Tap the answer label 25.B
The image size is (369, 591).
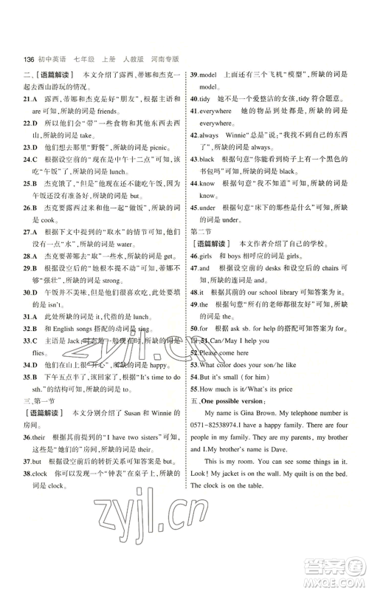pyautogui.click(x=32, y=189)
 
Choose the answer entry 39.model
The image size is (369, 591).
pyautogui.click(x=203, y=75)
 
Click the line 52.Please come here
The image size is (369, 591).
pyautogui.click(x=222, y=353)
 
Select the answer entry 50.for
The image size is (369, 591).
pyautogui.click(x=201, y=328)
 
